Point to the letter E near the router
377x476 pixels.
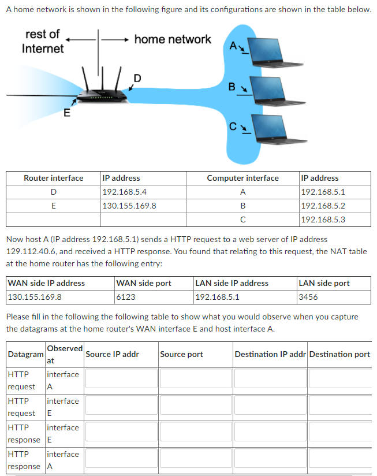[66, 113]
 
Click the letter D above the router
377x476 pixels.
[137, 78]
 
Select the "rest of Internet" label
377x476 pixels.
[43, 42]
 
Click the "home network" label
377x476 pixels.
[173, 39]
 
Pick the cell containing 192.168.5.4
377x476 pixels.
[124, 192]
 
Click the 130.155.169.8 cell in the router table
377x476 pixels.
[129, 206]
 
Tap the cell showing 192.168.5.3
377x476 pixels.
[323, 220]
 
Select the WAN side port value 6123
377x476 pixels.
[126, 297]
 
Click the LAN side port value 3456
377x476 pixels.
[308, 297]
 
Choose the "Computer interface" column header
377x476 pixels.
[242, 178]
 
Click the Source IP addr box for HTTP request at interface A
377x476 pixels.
[121, 379]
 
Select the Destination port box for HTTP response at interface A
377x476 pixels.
[339, 459]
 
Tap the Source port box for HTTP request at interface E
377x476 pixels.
[195, 406]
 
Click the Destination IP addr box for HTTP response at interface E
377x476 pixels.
[270, 432]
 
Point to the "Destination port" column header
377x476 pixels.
[339, 354]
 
